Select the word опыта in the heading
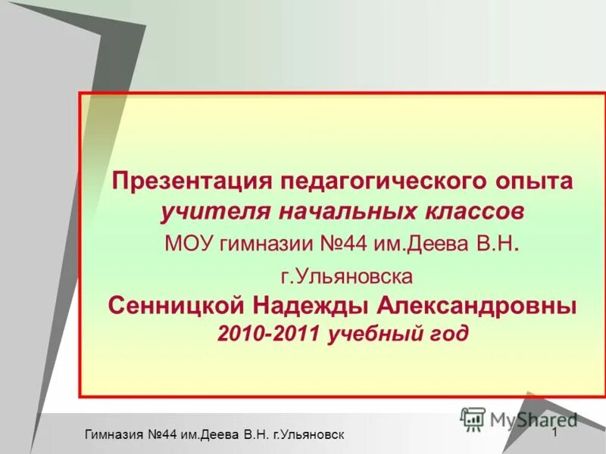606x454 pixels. (x=538, y=182)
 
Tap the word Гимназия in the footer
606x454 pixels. (x=117, y=434)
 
